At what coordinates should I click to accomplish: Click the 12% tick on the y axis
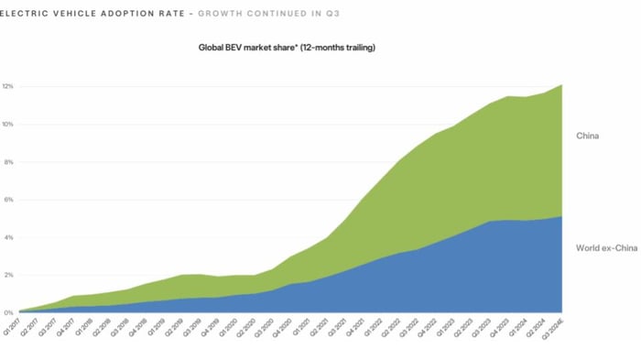(7, 87)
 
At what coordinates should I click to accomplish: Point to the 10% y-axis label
(7, 125)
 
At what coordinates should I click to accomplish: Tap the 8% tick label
(7, 162)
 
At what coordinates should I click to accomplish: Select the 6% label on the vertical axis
(7, 200)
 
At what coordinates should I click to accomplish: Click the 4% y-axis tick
(7, 237)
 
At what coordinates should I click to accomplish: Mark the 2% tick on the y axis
(7, 275)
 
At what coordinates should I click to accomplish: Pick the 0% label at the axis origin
(7, 312)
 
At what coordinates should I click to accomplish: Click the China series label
(587, 136)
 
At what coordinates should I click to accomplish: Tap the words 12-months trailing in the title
(342, 47)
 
